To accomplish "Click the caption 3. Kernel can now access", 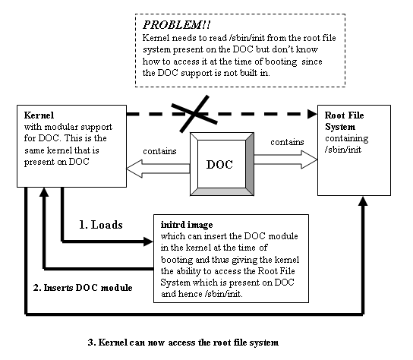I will [182, 342].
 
